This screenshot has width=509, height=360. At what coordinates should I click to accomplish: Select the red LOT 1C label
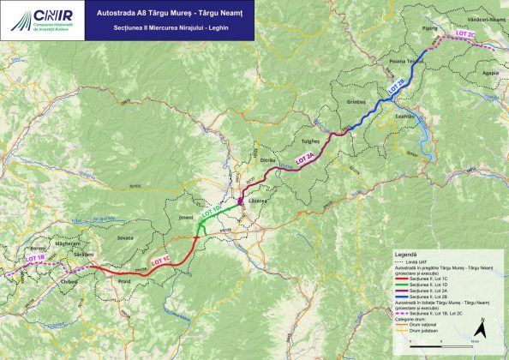click(x=160, y=258)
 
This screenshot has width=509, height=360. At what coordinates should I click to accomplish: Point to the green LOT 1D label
click(x=211, y=209)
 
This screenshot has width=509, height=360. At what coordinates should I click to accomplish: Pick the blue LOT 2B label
click(x=396, y=86)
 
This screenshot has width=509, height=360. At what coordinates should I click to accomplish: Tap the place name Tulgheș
click(x=310, y=139)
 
